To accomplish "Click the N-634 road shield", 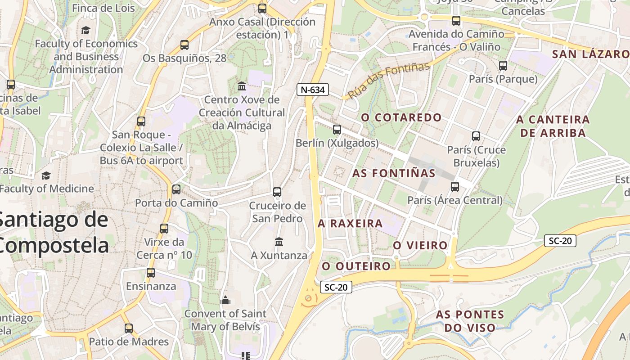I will [313, 90].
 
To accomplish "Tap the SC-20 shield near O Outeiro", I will [336, 287].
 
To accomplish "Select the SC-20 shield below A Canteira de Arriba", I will [560, 241].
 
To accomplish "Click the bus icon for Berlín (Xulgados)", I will [337, 130].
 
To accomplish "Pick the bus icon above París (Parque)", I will [503, 66].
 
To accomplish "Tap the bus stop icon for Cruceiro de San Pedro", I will [277, 192].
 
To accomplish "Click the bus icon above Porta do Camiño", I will [176, 189].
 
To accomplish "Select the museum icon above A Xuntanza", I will [279, 242].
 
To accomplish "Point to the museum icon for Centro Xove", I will [242, 86].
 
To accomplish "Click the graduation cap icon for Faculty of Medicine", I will [46, 175].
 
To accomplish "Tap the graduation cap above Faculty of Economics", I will [85, 30].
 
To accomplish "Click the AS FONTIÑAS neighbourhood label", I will [394, 173].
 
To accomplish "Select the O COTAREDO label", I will [401, 117].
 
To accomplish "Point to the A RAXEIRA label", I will [350, 223].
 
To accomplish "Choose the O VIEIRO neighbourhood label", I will [420, 245].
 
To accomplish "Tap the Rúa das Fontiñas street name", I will [389, 80].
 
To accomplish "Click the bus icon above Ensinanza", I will [151, 273].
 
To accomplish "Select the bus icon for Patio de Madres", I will [129, 328].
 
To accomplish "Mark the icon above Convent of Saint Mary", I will [225, 300].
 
